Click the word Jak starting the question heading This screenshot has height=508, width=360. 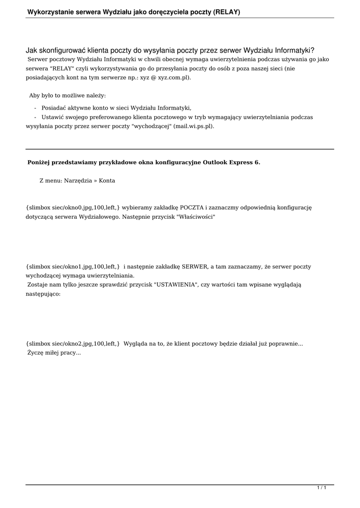[31, 50]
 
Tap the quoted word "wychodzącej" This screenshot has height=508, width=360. [151, 126]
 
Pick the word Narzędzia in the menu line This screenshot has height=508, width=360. [78, 181]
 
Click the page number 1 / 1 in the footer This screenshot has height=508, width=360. [322, 488]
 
